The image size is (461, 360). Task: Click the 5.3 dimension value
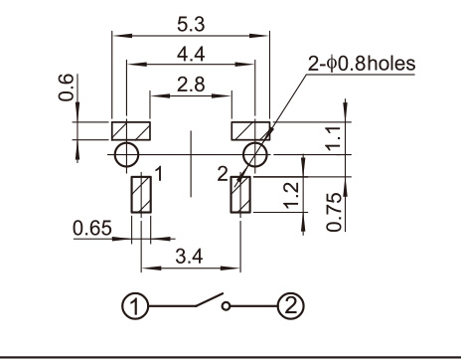[191, 25]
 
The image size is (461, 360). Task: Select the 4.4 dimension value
[191, 54]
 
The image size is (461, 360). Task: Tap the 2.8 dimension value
[191, 85]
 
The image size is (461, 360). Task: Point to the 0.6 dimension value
[66, 88]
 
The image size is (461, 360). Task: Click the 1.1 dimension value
[334, 138]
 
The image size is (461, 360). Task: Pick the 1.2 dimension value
[292, 196]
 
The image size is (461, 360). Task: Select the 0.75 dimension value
[334, 212]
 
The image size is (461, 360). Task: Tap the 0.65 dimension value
[92, 228]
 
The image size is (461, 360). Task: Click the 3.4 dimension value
[189, 257]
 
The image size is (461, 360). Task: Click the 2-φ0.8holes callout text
[362, 64]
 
